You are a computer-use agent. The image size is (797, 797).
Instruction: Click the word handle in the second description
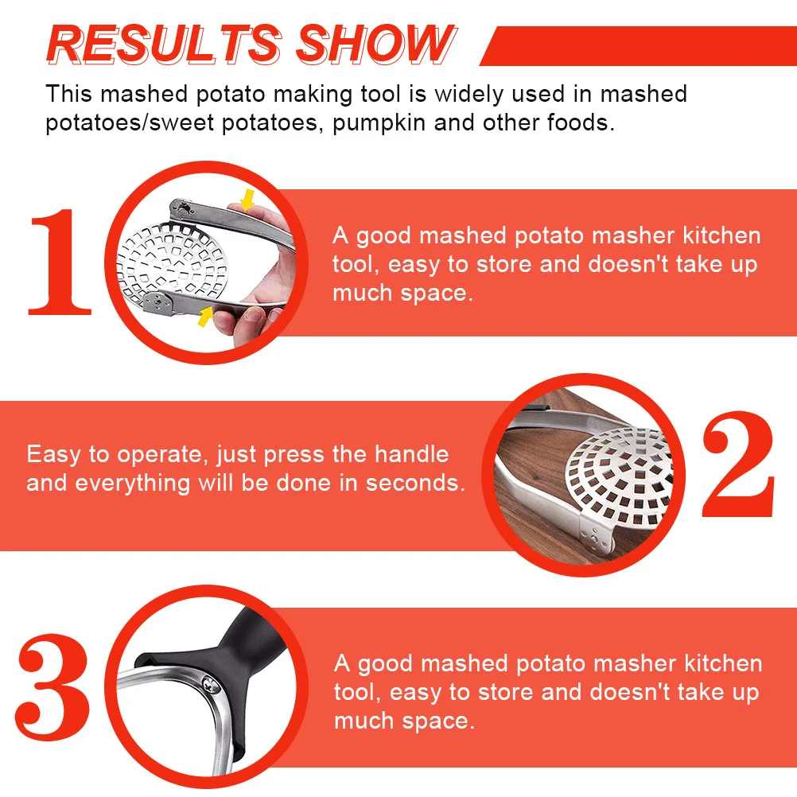click(x=411, y=454)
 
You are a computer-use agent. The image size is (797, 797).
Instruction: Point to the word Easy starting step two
click(x=54, y=454)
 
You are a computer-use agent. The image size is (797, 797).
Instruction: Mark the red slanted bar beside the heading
click(x=636, y=45)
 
